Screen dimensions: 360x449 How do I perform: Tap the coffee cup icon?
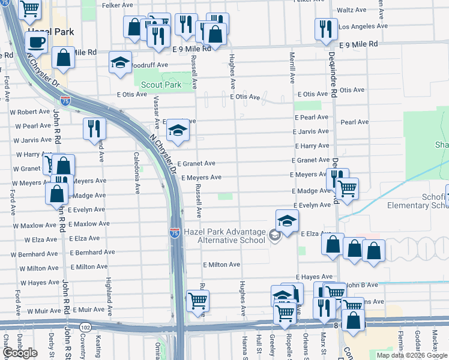(x=37, y=43)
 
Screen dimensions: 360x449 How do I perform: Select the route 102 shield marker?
(x=85, y=327)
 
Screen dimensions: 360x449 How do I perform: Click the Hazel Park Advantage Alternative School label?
(x=232, y=236)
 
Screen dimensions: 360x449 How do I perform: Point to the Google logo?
(x=20, y=353)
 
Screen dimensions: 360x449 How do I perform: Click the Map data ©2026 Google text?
(x=412, y=355)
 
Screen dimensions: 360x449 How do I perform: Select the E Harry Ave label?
(x=312, y=146)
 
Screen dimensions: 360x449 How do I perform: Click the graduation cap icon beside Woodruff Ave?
(x=120, y=62)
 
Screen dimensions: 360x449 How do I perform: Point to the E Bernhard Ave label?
(x=91, y=253)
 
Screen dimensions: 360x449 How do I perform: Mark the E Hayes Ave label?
(x=314, y=277)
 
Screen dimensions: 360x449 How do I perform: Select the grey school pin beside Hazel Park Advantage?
(x=274, y=235)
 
